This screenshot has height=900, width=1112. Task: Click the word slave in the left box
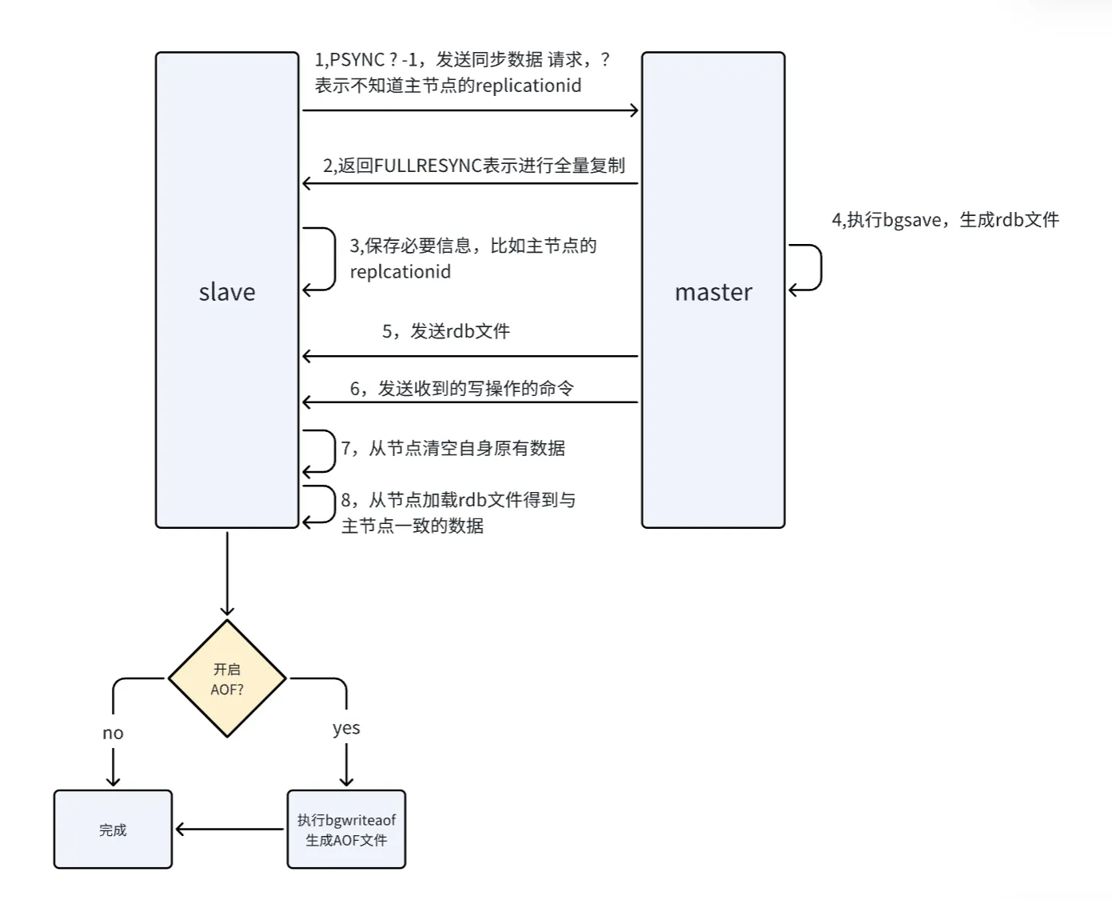pos(227,291)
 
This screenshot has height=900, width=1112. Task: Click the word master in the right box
pos(713,291)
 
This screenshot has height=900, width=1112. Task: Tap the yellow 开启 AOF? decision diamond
pos(227,678)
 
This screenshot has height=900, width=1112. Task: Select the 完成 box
pos(113,830)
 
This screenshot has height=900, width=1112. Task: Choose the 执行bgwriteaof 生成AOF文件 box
pos(346,830)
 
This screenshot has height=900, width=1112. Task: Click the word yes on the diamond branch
pos(346,728)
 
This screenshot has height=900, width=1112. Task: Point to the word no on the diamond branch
pos(113,733)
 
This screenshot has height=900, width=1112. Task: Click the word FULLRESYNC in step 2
pos(428,166)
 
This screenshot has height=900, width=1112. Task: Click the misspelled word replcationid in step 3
pos(401,272)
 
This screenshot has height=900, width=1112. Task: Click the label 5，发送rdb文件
pos(446,331)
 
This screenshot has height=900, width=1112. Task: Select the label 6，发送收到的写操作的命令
pos(462,389)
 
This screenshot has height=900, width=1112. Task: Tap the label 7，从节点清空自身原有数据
pos(453,448)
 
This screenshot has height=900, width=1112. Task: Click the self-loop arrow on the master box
pos(821,267)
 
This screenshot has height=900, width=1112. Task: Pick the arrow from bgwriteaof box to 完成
pos(229,829)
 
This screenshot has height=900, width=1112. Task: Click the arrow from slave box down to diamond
pos(227,574)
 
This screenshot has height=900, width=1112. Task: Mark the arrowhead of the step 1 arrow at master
pos(637,110)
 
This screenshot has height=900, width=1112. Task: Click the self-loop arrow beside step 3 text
pos(335,258)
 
